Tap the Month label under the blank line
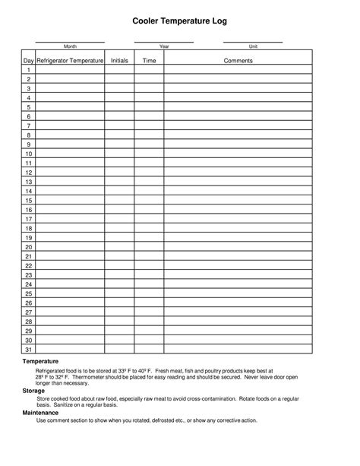[x=70, y=47]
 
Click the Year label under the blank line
[x=164, y=47]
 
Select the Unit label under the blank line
[x=253, y=47]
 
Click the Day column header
[x=28, y=60]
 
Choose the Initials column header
[x=119, y=60]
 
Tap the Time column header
[x=149, y=60]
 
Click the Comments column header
[x=238, y=60]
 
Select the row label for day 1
[x=28, y=70]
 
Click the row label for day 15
[x=28, y=201]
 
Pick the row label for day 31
[x=28, y=350]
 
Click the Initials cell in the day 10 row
[x=119, y=154]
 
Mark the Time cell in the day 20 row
[x=149, y=247]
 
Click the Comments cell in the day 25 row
[x=238, y=293]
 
